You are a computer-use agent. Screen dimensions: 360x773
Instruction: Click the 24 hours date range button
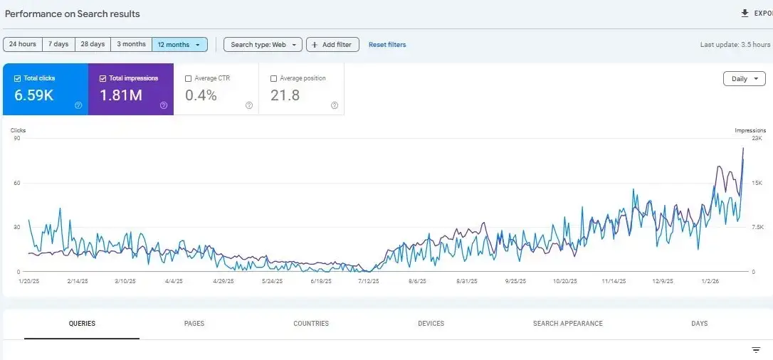(23, 44)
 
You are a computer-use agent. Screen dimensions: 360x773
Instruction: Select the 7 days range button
(58, 44)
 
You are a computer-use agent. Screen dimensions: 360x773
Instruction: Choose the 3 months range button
(131, 44)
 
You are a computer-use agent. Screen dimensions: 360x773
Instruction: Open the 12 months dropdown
(179, 44)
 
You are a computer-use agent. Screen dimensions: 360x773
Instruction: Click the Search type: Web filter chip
(263, 44)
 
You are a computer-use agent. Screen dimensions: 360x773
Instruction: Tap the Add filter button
(332, 44)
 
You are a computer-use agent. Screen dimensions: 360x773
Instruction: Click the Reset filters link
(387, 44)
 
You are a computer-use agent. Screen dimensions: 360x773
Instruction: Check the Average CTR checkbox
(188, 78)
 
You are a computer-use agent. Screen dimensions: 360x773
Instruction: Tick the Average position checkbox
(274, 78)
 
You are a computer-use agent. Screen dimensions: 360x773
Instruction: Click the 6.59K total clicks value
(34, 95)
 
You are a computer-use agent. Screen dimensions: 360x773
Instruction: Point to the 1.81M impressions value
(121, 95)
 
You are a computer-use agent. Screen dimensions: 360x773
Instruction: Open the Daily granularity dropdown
(744, 79)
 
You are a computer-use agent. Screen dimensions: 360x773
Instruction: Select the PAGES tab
(194, 324)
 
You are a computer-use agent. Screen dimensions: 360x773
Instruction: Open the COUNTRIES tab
(311, 324)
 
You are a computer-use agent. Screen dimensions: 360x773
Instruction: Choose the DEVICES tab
(431, 324)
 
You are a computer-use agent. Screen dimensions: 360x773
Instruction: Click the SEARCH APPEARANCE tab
(567, 324)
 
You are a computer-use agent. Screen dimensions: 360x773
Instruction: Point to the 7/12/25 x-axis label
(369, 282)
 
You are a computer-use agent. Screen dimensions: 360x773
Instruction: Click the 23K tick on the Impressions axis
(757, 138)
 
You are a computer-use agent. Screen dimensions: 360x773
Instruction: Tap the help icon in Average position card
(335, 105)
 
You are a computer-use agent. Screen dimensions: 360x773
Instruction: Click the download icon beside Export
(745, 13)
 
